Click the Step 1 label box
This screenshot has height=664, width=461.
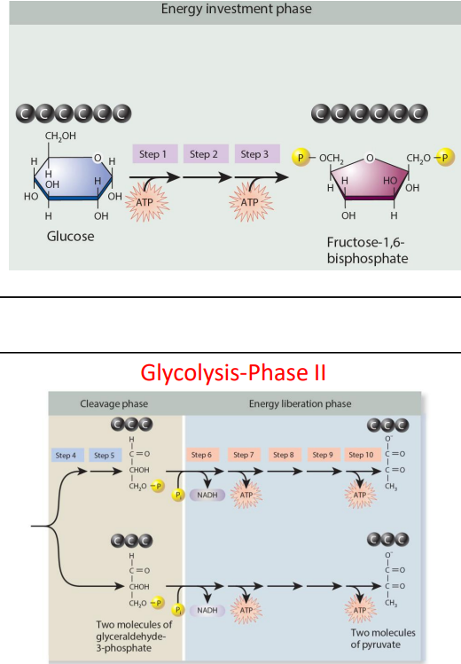(x=152, y=154)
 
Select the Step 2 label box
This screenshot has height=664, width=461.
(x=203, y=154)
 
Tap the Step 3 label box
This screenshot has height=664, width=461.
(x=254, y=154)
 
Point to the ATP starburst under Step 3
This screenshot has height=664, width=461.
(x=249, y=202)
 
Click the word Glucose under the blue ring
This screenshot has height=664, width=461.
(x=71, y=237)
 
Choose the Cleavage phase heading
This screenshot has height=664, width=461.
(x=114, y=403)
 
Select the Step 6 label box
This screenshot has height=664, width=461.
(x=201, y=455)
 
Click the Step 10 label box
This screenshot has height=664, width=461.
(x=360, y=455)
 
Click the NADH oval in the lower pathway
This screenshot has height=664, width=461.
(x=207, y=610)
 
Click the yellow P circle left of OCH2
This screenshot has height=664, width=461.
(x=301, y=157)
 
